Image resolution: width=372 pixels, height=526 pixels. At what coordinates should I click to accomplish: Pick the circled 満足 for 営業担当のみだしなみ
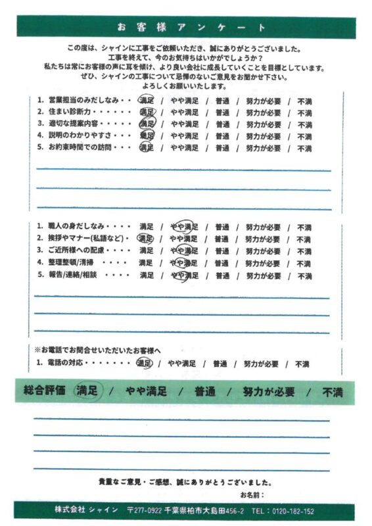click(x=146, y=100)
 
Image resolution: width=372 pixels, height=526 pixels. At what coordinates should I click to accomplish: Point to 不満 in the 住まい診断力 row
click(x=304, y=112)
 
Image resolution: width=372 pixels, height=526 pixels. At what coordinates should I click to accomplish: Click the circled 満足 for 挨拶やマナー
click(x=145, y=239)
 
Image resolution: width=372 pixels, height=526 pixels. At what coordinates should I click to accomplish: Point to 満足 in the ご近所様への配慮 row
click(x=146, y=251)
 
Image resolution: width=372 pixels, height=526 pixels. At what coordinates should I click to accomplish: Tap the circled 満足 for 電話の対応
click(x=143, y=363)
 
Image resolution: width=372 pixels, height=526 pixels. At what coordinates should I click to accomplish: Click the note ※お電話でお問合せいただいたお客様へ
click(x=97, y=350)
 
